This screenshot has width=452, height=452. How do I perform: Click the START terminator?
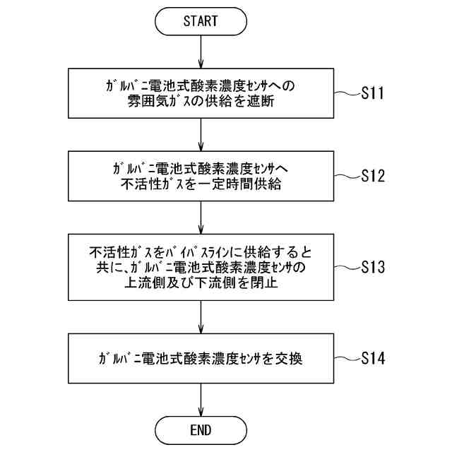pyautogui.click(x=201, y=20)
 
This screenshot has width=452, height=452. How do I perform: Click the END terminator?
pyautogui.click(x=201, y=429)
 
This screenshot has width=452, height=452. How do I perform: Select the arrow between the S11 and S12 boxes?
pyautogui.click(x=201, y=134)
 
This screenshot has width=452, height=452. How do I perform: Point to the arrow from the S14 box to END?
pyautogui.click(x=201, y=398)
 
